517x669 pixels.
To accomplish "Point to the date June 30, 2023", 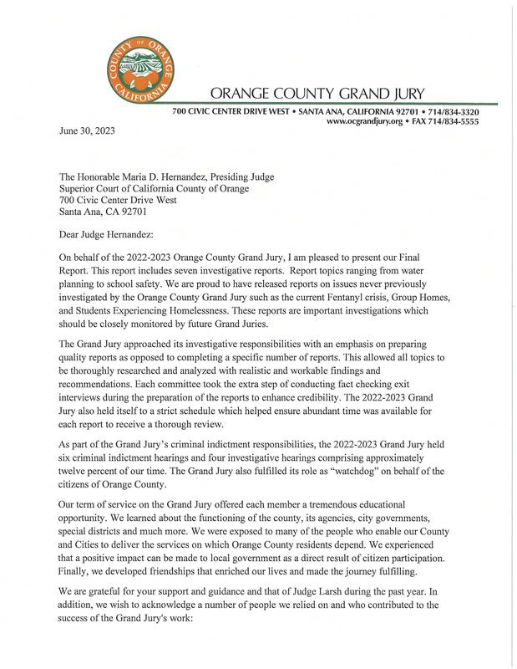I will pos(87,131).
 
